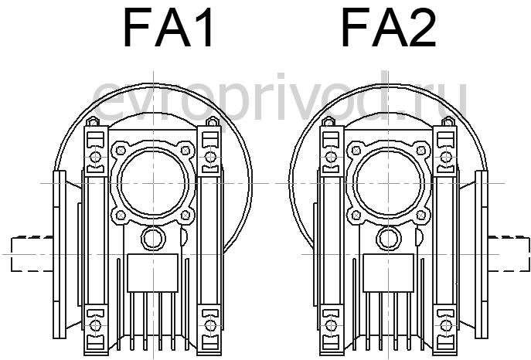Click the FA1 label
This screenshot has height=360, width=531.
pos(168,27)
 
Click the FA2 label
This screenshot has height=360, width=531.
pos(389,27)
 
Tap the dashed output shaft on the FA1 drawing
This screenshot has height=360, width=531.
pos(32,254)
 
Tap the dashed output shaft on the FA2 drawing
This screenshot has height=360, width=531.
pos(509,254)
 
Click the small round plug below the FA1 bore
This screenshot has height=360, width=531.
pos(153,238)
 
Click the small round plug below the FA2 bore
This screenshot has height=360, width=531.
pos(389,238)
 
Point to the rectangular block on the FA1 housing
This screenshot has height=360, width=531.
pos(153,273)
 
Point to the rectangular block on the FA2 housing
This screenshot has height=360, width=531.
pos(389,273)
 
